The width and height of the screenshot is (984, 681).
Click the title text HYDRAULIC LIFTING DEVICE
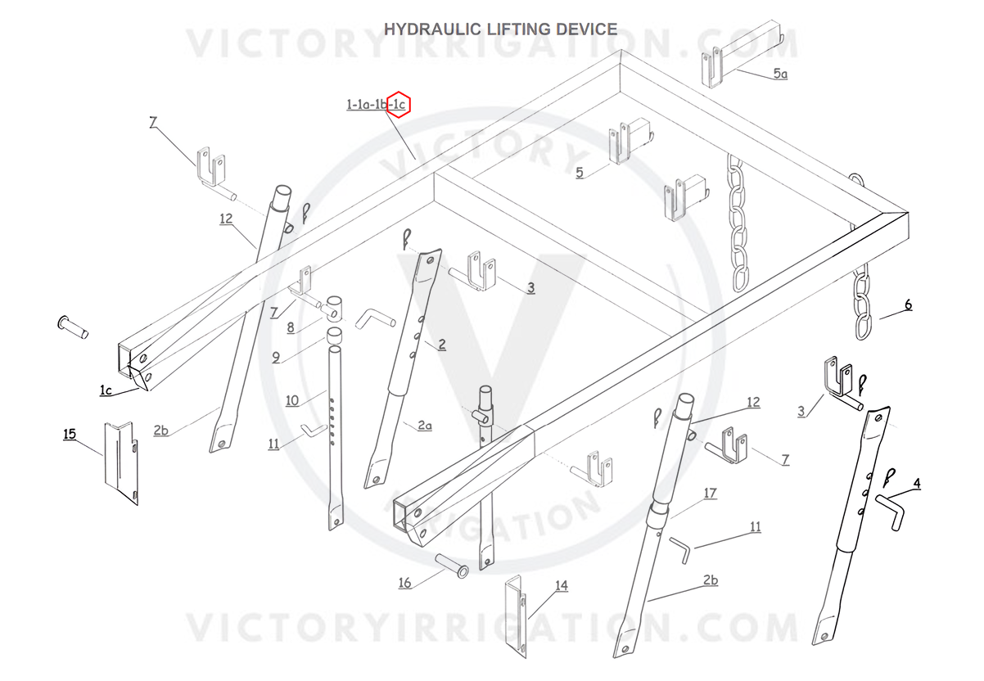point(500,29)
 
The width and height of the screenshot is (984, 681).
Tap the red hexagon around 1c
point(398,104)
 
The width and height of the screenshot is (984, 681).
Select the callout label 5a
point(780,74)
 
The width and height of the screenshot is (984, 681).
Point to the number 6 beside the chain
point(907,305)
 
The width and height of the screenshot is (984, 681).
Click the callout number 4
point(917,483)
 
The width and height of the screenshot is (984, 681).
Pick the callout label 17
point(710,493)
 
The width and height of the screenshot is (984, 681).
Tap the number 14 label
point(561,585)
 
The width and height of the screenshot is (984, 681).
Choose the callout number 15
point(70,433)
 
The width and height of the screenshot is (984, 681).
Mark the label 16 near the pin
point(404,583)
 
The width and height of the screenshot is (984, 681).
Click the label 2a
point(424,425)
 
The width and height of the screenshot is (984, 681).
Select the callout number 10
point(293,399)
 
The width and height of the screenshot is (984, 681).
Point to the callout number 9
point(276,357)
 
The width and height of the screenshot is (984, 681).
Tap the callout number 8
point(291,328)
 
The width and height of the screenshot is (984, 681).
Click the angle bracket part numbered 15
point(120,462)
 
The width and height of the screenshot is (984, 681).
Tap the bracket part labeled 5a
point(714,65)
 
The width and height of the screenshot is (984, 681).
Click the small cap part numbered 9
point(335,336)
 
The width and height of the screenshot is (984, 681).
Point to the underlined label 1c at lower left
point(106,390)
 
